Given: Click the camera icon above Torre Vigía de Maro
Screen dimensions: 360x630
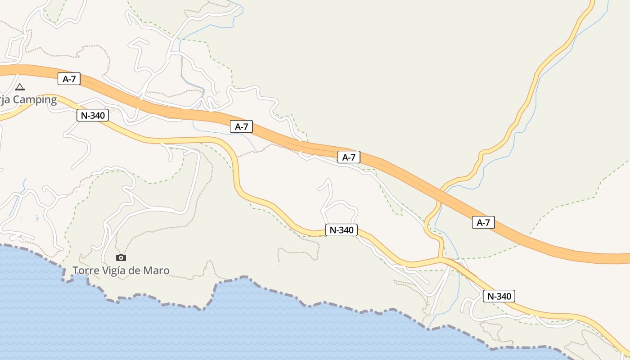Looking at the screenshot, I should pyautogui.click(x=121, y=258).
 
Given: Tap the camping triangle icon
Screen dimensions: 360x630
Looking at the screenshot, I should pyautogui.click(x=19, y=87).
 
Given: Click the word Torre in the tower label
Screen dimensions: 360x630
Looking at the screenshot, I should pyautogui.click(x=85, y=270).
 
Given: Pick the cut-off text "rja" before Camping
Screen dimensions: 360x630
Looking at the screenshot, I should pyautogui.click(x=5, y=100).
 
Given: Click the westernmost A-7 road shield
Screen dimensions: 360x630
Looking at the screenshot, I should pyautogui.click(x=69, y=79).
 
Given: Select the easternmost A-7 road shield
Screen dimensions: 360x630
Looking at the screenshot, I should pyautogui.click(x=483, y=222).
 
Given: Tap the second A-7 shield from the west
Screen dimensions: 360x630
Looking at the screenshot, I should pyautogui.click(x=241, y=127).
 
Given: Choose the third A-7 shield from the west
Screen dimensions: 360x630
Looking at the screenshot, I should pyautogui.click(x=349, y=157).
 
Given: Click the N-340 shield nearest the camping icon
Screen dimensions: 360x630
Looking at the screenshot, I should pyautogui.click(x=93, y=115).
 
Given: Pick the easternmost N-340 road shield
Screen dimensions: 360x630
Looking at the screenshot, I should pyautogui.click(x=499, y=296).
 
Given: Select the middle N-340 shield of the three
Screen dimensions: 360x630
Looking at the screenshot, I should pyautogui.click(x=341, y=230).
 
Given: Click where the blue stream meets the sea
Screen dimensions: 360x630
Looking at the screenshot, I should pyautogui.click(x=429, y=328).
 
